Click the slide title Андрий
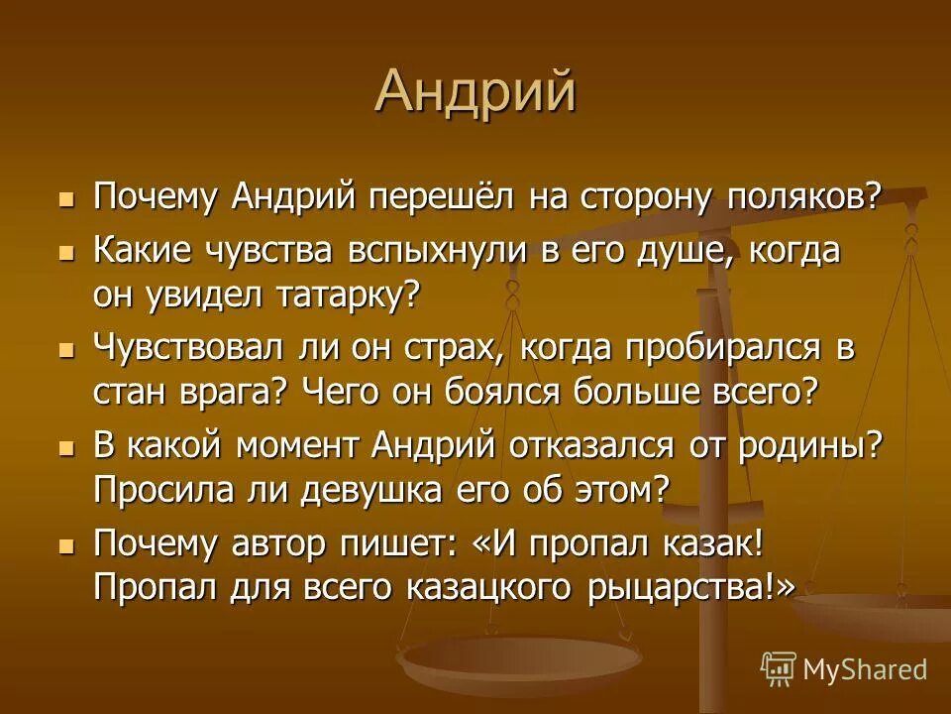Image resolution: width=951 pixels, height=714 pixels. [475, 92]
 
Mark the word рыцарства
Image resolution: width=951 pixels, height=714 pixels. [693, 585]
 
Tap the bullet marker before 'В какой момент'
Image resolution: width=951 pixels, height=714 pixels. [66, 448]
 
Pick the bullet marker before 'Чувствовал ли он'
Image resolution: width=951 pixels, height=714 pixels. [66, 351]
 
